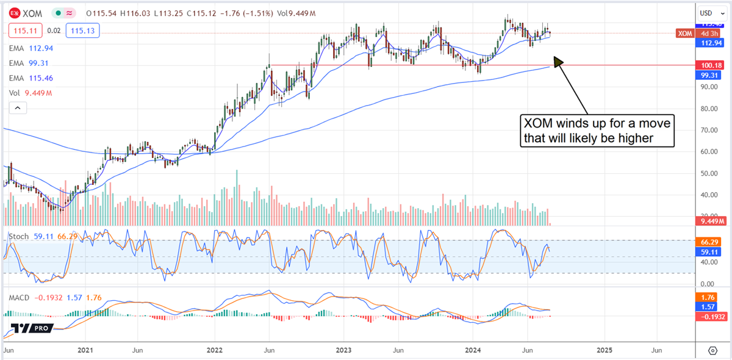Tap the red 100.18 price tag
coord(711,65)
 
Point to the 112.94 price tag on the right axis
coord(711,43)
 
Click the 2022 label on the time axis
coord(214,351)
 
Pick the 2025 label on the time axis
coord(604,351)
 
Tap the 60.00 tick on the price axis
coord(709,151)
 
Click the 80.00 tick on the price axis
coord(709,108)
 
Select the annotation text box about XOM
coord(597,131)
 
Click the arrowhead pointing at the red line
coord(558,60)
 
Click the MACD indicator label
coord(18,297)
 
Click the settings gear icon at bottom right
coord(712,351)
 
